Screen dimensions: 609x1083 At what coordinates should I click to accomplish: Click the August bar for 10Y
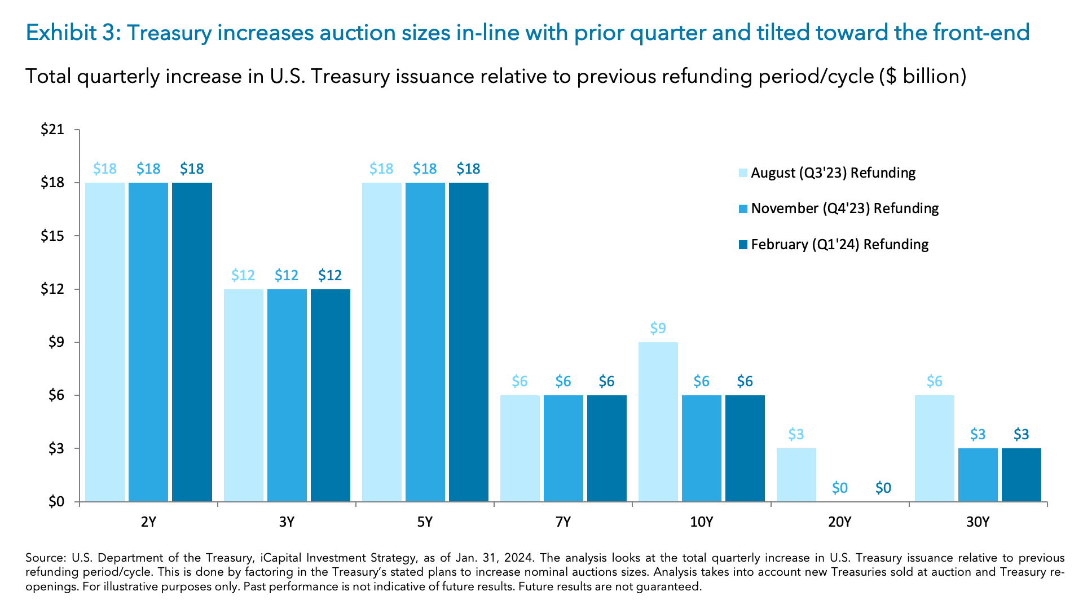tap(658, 422)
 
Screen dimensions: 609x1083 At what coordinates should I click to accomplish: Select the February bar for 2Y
tap(192, 342)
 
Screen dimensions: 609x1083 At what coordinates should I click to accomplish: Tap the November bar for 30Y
tap(978, 475)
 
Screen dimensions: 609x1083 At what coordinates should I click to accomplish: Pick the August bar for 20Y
tap(796, 475)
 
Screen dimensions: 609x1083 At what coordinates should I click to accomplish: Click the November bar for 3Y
tap(287, 395)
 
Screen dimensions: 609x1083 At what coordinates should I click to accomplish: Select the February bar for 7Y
tap(606, 448)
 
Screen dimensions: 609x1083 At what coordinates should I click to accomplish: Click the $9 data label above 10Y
tap(658, 328)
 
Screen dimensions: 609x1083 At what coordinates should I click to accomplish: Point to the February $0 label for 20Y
tap(883, 488)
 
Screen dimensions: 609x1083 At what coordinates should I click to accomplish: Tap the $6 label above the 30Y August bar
tap(934, 382)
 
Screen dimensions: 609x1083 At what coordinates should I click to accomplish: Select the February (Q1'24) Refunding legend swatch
tap(743, 245)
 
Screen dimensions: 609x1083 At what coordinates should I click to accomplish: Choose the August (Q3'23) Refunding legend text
tap(833, 173)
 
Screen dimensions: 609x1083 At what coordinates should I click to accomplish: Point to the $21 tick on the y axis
tap(52, 130)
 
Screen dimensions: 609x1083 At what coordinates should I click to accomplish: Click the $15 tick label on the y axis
tap(52, 236)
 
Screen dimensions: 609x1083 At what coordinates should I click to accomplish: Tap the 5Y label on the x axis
tap(425, 522)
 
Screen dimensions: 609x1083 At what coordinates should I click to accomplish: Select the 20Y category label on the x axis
tap(839, 522)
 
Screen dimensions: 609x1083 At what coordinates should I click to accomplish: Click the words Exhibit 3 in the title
tap(71, 33)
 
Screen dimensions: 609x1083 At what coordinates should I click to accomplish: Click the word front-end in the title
tap(981, 33)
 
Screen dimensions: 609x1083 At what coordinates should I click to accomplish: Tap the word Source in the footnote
tap(45, 558)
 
